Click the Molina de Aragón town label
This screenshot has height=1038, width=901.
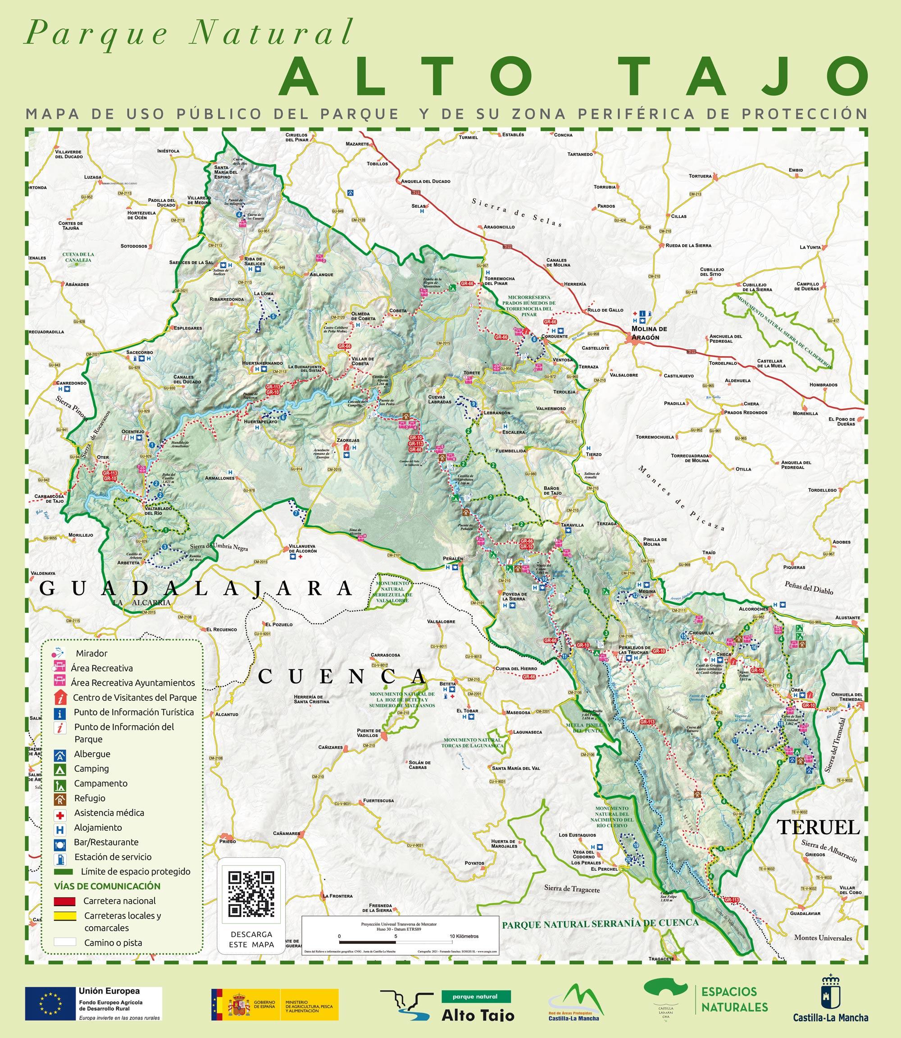(649, 333)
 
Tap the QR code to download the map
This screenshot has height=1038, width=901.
(251, 894)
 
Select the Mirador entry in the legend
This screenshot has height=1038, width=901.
(91, 653)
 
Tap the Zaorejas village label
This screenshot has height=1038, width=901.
(348, 440)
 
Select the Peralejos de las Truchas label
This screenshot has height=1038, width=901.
(634, 650)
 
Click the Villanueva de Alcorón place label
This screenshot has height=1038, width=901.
(303, 549)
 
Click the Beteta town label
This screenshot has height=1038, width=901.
(447, 684)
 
